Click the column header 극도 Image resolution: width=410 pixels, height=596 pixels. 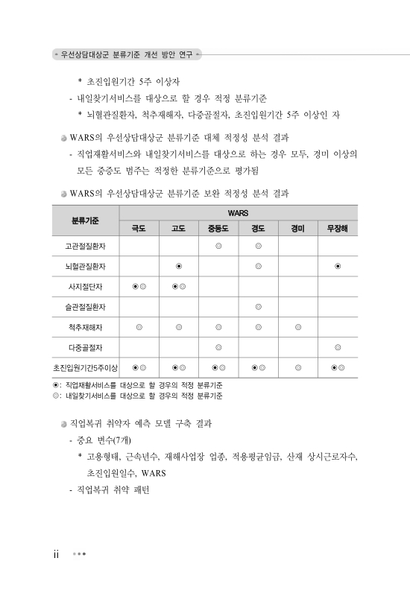point(139,227)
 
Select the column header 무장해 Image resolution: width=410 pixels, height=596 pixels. point(338,227)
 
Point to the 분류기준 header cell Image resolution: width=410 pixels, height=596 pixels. point(86,220)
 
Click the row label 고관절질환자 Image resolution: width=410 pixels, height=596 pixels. point(86,245)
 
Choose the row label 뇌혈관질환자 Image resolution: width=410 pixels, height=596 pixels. point(86,265)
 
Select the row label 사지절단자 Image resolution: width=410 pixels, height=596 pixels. point(86,285)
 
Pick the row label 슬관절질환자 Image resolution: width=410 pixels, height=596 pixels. point(86,305)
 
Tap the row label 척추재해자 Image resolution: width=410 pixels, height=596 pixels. point(86,326)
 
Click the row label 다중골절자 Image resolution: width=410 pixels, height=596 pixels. point(86,346)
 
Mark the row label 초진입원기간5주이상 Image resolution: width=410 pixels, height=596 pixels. point(86,367)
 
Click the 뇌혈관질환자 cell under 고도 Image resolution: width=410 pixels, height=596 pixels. point(179,265)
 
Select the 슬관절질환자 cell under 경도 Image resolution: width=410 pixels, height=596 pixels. point(258,305)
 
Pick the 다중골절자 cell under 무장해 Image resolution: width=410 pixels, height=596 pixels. point(338,346)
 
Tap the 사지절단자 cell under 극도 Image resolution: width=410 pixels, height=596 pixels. point(139,285)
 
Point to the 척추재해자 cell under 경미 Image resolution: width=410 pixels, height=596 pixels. point(298,326)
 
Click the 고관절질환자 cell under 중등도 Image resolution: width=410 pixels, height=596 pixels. point(218,245)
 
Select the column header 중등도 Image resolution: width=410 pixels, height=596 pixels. point(218,227)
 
